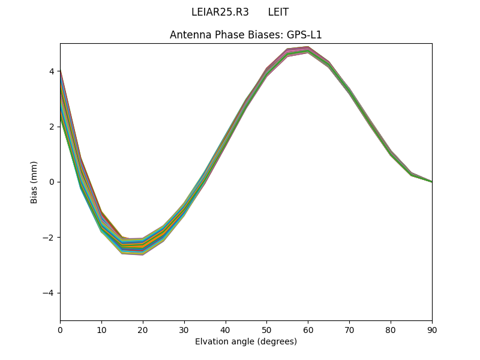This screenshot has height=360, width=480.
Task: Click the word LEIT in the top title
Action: (278, 12)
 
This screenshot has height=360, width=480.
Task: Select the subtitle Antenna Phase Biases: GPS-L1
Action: (246, 35)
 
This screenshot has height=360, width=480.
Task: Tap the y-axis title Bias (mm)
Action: (34, 182)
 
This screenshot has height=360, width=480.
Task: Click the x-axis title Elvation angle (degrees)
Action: (246, 341)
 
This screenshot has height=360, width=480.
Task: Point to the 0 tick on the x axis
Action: (60, 329)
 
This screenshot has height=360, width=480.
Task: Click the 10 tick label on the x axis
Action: (101, 329)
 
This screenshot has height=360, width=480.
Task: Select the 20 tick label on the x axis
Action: (143, 329)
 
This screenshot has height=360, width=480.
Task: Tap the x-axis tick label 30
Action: (184, 329)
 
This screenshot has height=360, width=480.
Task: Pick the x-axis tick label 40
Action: (226, 329)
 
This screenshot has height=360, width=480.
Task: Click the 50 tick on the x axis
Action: (266, 329)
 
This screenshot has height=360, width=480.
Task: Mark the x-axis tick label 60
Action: (308, 329)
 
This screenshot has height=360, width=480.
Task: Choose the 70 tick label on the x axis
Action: (349, 329)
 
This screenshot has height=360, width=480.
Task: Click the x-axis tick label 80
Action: (391, 329)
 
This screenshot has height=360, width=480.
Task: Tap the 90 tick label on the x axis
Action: (432, 329)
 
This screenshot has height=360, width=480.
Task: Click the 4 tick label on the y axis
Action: (52, 71)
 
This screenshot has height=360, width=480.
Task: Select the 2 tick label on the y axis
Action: (52, 127)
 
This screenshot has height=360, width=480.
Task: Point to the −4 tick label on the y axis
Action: (49, 293)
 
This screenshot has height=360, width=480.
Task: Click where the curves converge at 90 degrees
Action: (431, 181)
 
